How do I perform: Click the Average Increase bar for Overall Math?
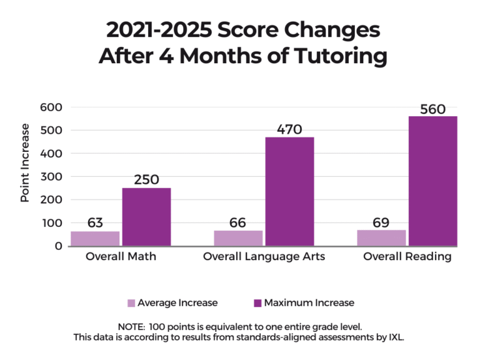95,238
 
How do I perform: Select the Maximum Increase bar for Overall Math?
146,216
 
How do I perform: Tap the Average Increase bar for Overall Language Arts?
237,238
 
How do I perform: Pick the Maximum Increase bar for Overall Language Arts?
289,191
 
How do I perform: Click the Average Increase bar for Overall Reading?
381,237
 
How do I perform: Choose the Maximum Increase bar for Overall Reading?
432,181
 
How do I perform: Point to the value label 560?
432,109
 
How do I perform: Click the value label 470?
289,129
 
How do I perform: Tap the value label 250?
147,180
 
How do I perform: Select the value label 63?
95,223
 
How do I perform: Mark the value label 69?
381,222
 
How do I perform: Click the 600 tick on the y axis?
51,107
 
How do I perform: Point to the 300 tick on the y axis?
51,177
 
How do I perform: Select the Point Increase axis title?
25,162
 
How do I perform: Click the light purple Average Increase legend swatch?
131,303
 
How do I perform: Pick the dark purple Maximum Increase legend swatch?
257,303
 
